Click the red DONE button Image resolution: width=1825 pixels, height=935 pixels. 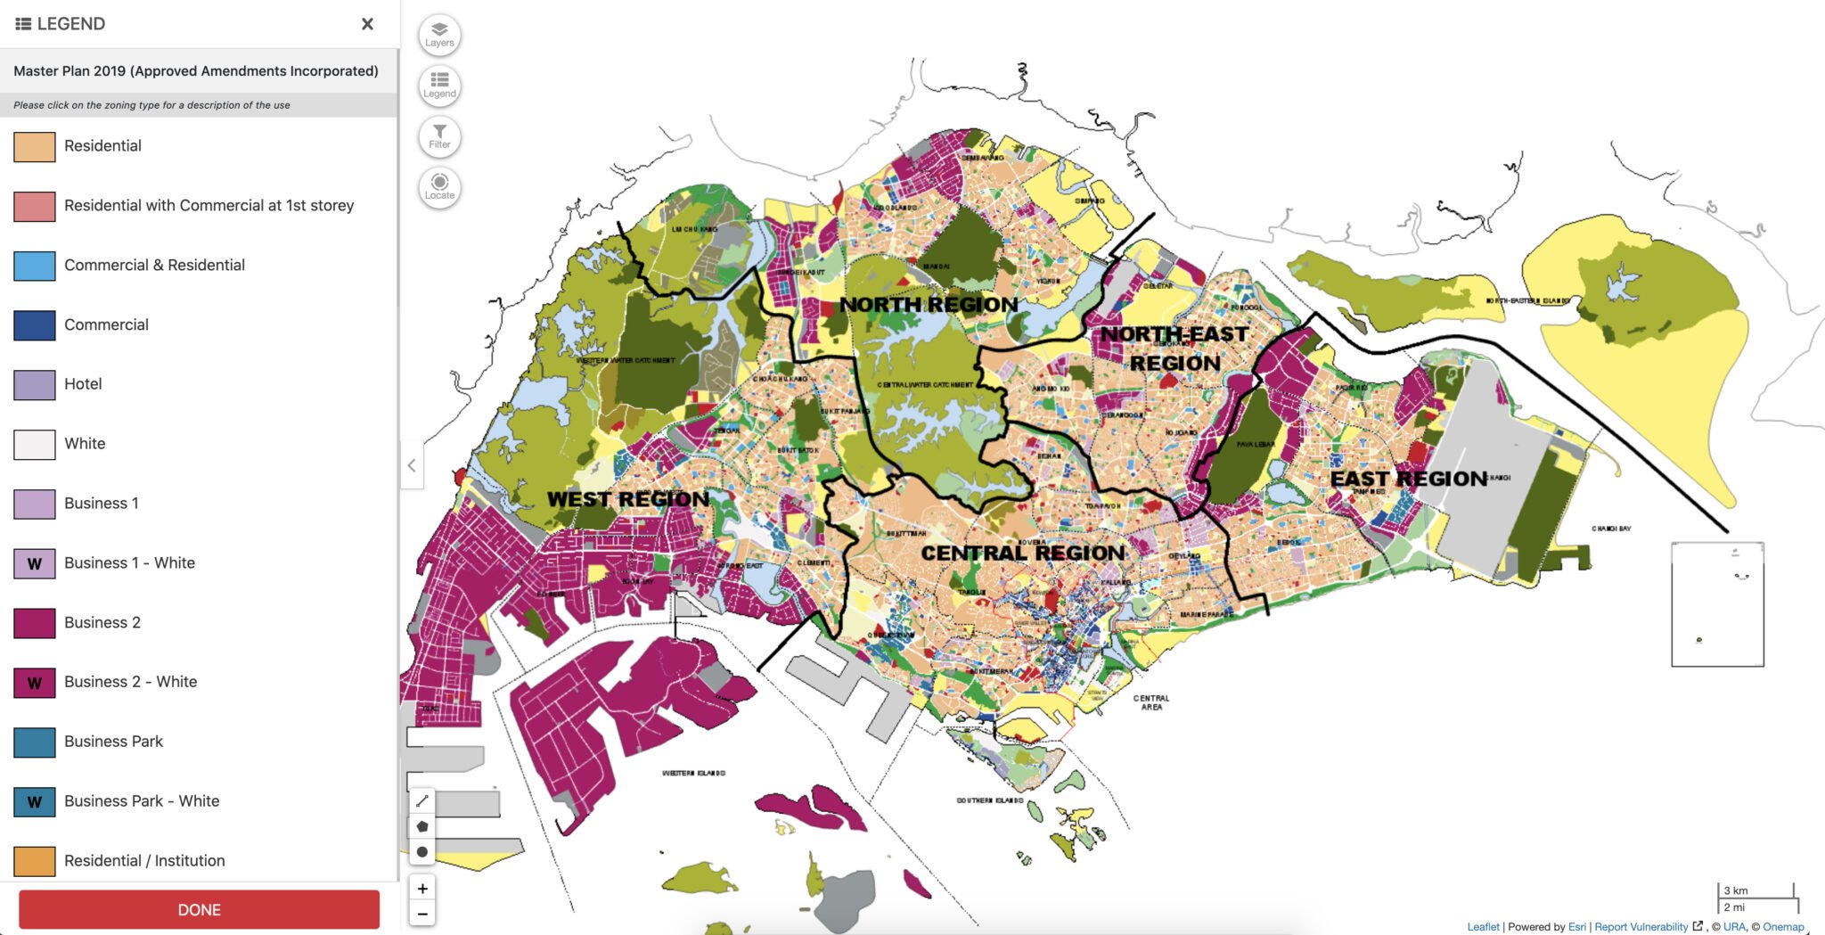[x=199, y=909]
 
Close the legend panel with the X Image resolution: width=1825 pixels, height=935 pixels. [x=367, y=24]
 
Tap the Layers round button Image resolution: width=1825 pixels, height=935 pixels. [x=439, y=35]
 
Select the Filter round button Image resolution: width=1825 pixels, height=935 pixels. [x=439, y=136]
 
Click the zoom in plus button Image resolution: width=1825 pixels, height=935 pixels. [x=422, y=888]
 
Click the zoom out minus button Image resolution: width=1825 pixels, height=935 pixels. [x=422, y=914]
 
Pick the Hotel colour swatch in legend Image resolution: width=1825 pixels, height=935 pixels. [x=35, y=384]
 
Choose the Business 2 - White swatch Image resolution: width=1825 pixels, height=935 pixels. [x=35, y=682]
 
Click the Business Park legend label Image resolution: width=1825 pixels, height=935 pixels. [x=113, y=742]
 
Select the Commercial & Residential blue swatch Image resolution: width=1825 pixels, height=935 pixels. [x=35, y=266]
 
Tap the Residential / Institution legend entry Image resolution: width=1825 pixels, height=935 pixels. [x=144, y=860]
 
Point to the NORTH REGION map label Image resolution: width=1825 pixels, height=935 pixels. [x=928, y=305]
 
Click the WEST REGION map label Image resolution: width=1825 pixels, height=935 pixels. [x=628, y=499]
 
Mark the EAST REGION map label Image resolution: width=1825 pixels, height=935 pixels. [x=1408, y=480]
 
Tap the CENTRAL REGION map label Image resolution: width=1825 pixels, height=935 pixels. [x=1022, y=554]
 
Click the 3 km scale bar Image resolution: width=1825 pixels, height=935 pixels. [x=1755, y=891]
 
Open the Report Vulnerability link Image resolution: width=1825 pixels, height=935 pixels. [x=1641, y=927]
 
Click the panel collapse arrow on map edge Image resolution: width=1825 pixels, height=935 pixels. [x=412, y=465]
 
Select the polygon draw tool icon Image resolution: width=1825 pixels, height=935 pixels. [x=422, y=826]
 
